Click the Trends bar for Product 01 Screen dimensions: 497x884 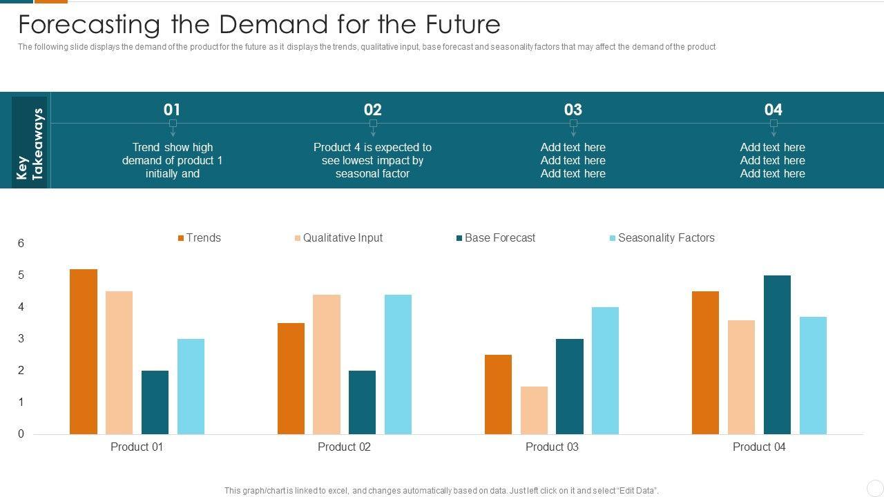pyautogui.click(x=84, y=351)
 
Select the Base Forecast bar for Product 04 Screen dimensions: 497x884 pyautogui.click(x=777, y=355)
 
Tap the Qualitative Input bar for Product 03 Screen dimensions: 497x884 pyautogui.click(x=534, y=410)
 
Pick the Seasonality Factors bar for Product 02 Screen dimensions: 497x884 pyautogui.click(x=398, y=364)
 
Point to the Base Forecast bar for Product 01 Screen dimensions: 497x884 pyautogui.click(x=155, y=402)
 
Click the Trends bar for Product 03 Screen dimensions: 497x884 pyautogui.click(x=498, y=394)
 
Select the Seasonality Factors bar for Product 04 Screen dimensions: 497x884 pyautogui.click(x=813, y=376)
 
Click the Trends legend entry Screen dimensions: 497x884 pyautogui.click(x=200, y=238)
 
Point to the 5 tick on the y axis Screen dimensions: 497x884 pyautogui.click(x=21, y=275)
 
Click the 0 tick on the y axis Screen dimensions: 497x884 pyautogui.click(x=21, y=434)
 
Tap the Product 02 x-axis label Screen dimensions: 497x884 pyautogui.click(x=344, y=447)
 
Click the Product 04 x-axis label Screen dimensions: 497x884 pyautogui.click(x=759, y=447)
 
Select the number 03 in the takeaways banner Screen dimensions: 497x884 pyautogui.click(x=573, y=110)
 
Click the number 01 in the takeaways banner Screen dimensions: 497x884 pyautogui.click(x=172, y=110)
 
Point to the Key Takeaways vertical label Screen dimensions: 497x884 pyautogui.click(x=30, y=144)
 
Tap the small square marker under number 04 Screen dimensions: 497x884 pyautogui.click(x=773, y=124)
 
